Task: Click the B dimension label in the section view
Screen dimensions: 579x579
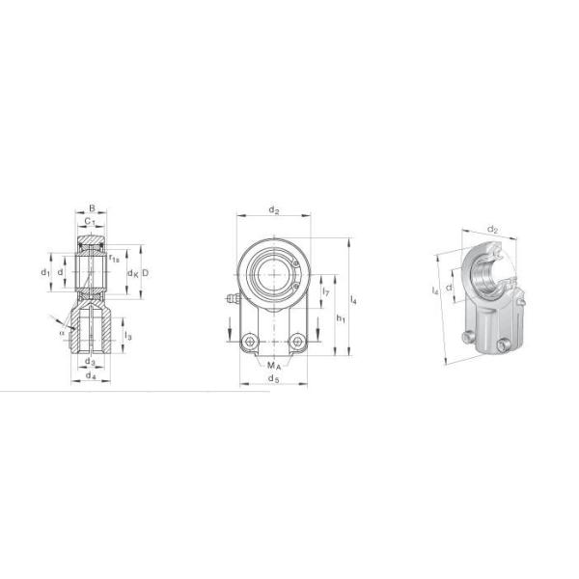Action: tap(92, 207)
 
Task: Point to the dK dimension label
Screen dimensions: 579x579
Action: tap(132, 273)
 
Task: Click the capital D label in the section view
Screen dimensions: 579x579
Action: tap(144, 273)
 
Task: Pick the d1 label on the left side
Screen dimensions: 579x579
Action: tap(45, 273)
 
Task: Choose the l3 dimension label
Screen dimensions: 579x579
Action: tap(128, 336)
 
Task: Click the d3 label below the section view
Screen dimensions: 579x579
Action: tap(90, 362)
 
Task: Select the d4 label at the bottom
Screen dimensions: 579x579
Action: tap(91, 375)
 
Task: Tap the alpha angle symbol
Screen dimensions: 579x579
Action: tap(62, 333)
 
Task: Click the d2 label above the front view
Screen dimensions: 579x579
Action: tap(273, 209)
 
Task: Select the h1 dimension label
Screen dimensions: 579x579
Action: tap(340, 317)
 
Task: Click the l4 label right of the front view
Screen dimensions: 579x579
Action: tap(355, 303)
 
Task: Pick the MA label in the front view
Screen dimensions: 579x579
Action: tap(274, 367)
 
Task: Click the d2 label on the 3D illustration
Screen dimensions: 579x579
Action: tap(492, 230)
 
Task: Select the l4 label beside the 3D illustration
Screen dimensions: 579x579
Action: tap(437, 290)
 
